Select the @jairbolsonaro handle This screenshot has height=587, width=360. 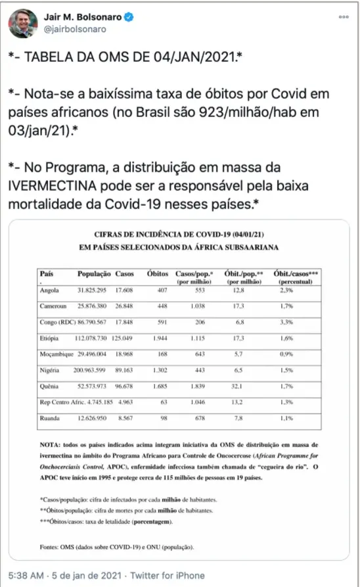pyautogui.click(x=75, y=29)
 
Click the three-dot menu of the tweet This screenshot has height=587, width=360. pyautogui.click(x=344, y=16)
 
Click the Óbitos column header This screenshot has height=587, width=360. pyautogui.click(x=158, y=272)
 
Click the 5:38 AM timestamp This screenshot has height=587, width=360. pyautogui.click(x=30, y=575)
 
